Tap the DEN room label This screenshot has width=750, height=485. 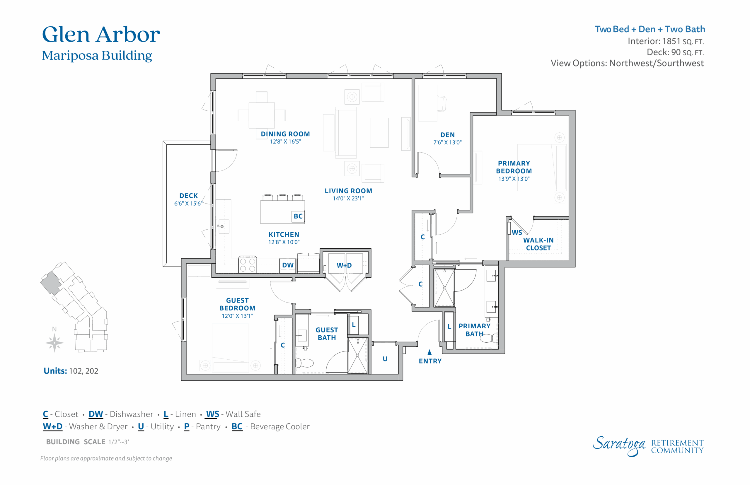point(447,135)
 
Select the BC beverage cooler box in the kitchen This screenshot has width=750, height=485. point(298,216)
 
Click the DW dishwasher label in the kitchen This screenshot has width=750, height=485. point(288,265)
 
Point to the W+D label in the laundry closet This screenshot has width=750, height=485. point(344,265)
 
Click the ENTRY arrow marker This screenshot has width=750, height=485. point(429,352)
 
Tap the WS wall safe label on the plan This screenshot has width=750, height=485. point(517,233)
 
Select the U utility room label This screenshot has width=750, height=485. point(385,359)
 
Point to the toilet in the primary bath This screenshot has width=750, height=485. point(489,338)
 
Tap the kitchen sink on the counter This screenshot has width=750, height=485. point(223,226)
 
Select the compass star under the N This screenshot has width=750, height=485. point(54,343)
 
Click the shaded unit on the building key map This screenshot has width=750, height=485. point(51,283)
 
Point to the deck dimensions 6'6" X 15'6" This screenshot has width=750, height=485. point(188,204)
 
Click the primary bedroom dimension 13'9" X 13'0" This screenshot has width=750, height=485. point(514,179)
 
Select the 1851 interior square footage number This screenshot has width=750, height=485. point(671,41)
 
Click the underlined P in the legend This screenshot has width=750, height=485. point(187,426)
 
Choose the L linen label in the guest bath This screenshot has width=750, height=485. point(353,325)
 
